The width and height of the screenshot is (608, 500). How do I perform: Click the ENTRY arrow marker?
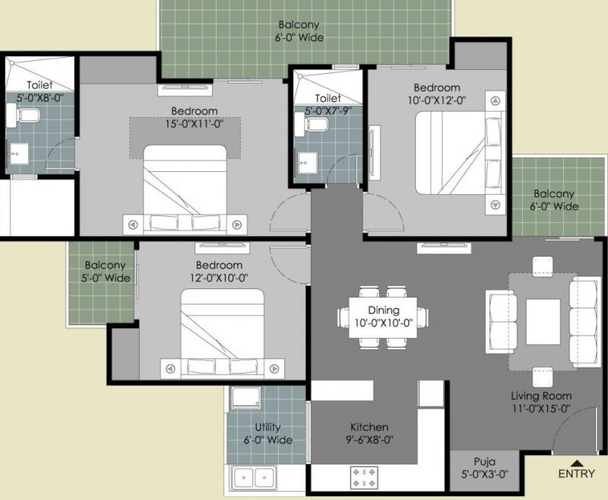pos(577,463)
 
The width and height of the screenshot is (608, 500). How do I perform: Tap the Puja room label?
pos(484,462)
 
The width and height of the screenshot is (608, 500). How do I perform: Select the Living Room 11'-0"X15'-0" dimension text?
pos(541,409)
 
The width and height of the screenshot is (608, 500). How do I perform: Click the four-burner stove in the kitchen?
pos(364,477)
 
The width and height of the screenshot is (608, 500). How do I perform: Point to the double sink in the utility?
pos(255,477)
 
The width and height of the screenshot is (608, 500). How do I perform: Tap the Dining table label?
pos(383,311)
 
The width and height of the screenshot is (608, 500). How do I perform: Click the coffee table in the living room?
pos(543,321)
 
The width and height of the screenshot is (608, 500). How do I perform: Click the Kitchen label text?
pos(369,427)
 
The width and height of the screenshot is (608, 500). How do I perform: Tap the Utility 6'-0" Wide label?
pos(268,434)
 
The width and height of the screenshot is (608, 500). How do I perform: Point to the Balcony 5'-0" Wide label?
pos(105,272)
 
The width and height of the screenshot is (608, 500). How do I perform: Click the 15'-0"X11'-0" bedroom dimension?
pos(195,124)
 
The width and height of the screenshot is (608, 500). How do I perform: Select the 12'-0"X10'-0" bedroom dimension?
pos(219,279)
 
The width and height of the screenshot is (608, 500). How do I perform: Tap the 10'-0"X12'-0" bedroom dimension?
pos(436,100)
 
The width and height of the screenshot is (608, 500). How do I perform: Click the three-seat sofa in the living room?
pos(584,322)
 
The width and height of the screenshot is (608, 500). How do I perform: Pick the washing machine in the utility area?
pos(246,397)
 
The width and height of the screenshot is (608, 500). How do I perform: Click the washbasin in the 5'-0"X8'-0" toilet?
pos(17,154)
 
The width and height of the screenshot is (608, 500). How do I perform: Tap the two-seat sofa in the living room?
pos(502,322)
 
